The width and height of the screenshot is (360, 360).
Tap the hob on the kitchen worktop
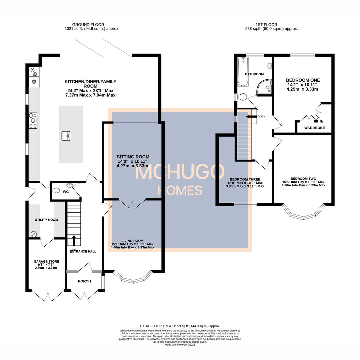[33, 120]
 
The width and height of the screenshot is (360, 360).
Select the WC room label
[66, 192]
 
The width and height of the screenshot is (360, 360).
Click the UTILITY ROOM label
[46, 220]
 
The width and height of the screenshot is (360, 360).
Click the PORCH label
[84, 281]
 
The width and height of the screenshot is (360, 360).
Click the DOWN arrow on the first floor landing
[249, 116]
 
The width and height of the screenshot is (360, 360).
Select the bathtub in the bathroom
[242, 71]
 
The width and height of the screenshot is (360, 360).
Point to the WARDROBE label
[314, 128]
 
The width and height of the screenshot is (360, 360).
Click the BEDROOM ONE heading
[303, 80]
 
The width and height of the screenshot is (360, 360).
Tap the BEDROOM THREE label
[245, 179]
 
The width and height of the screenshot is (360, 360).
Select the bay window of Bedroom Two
[303, 212]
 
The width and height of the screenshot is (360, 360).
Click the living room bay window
[133, 277]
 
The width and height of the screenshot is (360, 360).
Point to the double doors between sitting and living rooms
[132, 203]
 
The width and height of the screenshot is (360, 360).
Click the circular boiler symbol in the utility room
[34, 234]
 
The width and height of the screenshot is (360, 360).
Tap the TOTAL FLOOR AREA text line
[180, 326]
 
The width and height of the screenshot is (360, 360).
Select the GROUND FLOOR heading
[88, 25]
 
